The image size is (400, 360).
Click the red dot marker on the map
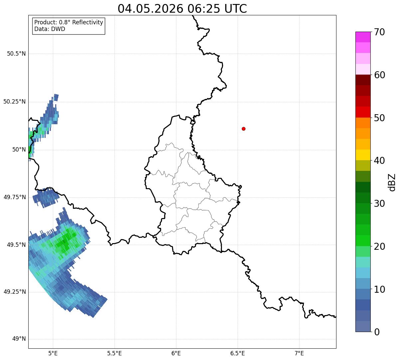(x=244, y=129)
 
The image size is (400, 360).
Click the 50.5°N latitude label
(x=16, y=54)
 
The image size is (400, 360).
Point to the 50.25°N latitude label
(x=15, y=102)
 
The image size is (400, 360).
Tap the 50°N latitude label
(x=19, y=150)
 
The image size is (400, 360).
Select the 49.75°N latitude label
(x=15, y=197)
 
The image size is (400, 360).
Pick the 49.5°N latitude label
(x=16, y=245)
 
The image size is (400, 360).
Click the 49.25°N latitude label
(x=15, y=292)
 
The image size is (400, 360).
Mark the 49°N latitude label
(x=19, y=339)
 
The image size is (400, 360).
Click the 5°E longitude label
(x=53, y=353)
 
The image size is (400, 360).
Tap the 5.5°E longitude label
(x=114, y=353)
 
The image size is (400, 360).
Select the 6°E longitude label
(x=176, y=353)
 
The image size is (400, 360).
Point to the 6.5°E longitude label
(x=238, y=353)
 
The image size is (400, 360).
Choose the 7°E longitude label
(x=299, y=353)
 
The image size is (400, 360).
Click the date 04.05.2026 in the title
(x=150, y=9)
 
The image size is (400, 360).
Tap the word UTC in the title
(x=236, y=9)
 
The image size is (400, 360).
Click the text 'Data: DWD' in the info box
(x=50, y=29)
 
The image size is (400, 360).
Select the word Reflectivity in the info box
(x=88, y=22)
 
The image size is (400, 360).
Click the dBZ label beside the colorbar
(x=392, y=182)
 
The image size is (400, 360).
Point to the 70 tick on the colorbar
(x=379, y=32)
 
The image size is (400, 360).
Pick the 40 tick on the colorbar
(x=379, y=161)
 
